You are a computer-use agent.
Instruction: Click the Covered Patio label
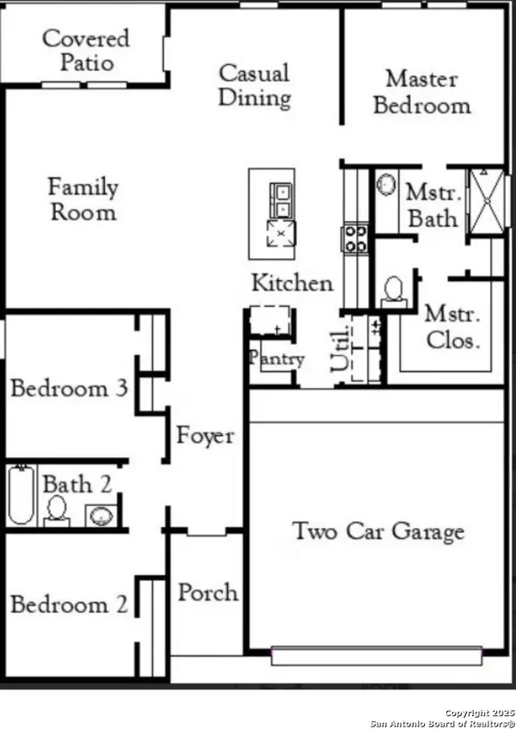(86, 50)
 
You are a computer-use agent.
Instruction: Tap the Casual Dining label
(255, 86)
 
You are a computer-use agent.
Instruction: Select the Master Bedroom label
(422, 92)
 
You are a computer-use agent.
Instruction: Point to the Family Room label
(83, 199)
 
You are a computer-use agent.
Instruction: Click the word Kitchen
(292, 283)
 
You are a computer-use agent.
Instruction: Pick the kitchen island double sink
(281, 200)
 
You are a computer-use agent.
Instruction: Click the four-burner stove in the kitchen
(355, 238)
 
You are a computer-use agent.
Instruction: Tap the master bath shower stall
(486, 201)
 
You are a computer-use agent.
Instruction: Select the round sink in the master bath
(386, 184)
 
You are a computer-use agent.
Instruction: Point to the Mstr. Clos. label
(452, 328)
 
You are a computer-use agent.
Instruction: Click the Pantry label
(277, 358)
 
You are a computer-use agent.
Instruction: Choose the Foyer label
(205, 436)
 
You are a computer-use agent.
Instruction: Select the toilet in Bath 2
(57, 512)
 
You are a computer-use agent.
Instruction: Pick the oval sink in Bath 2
(101, 516)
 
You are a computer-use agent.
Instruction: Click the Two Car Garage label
(378, 531)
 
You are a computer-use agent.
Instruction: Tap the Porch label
(208, 593)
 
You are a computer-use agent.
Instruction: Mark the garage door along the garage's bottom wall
(377, 656)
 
